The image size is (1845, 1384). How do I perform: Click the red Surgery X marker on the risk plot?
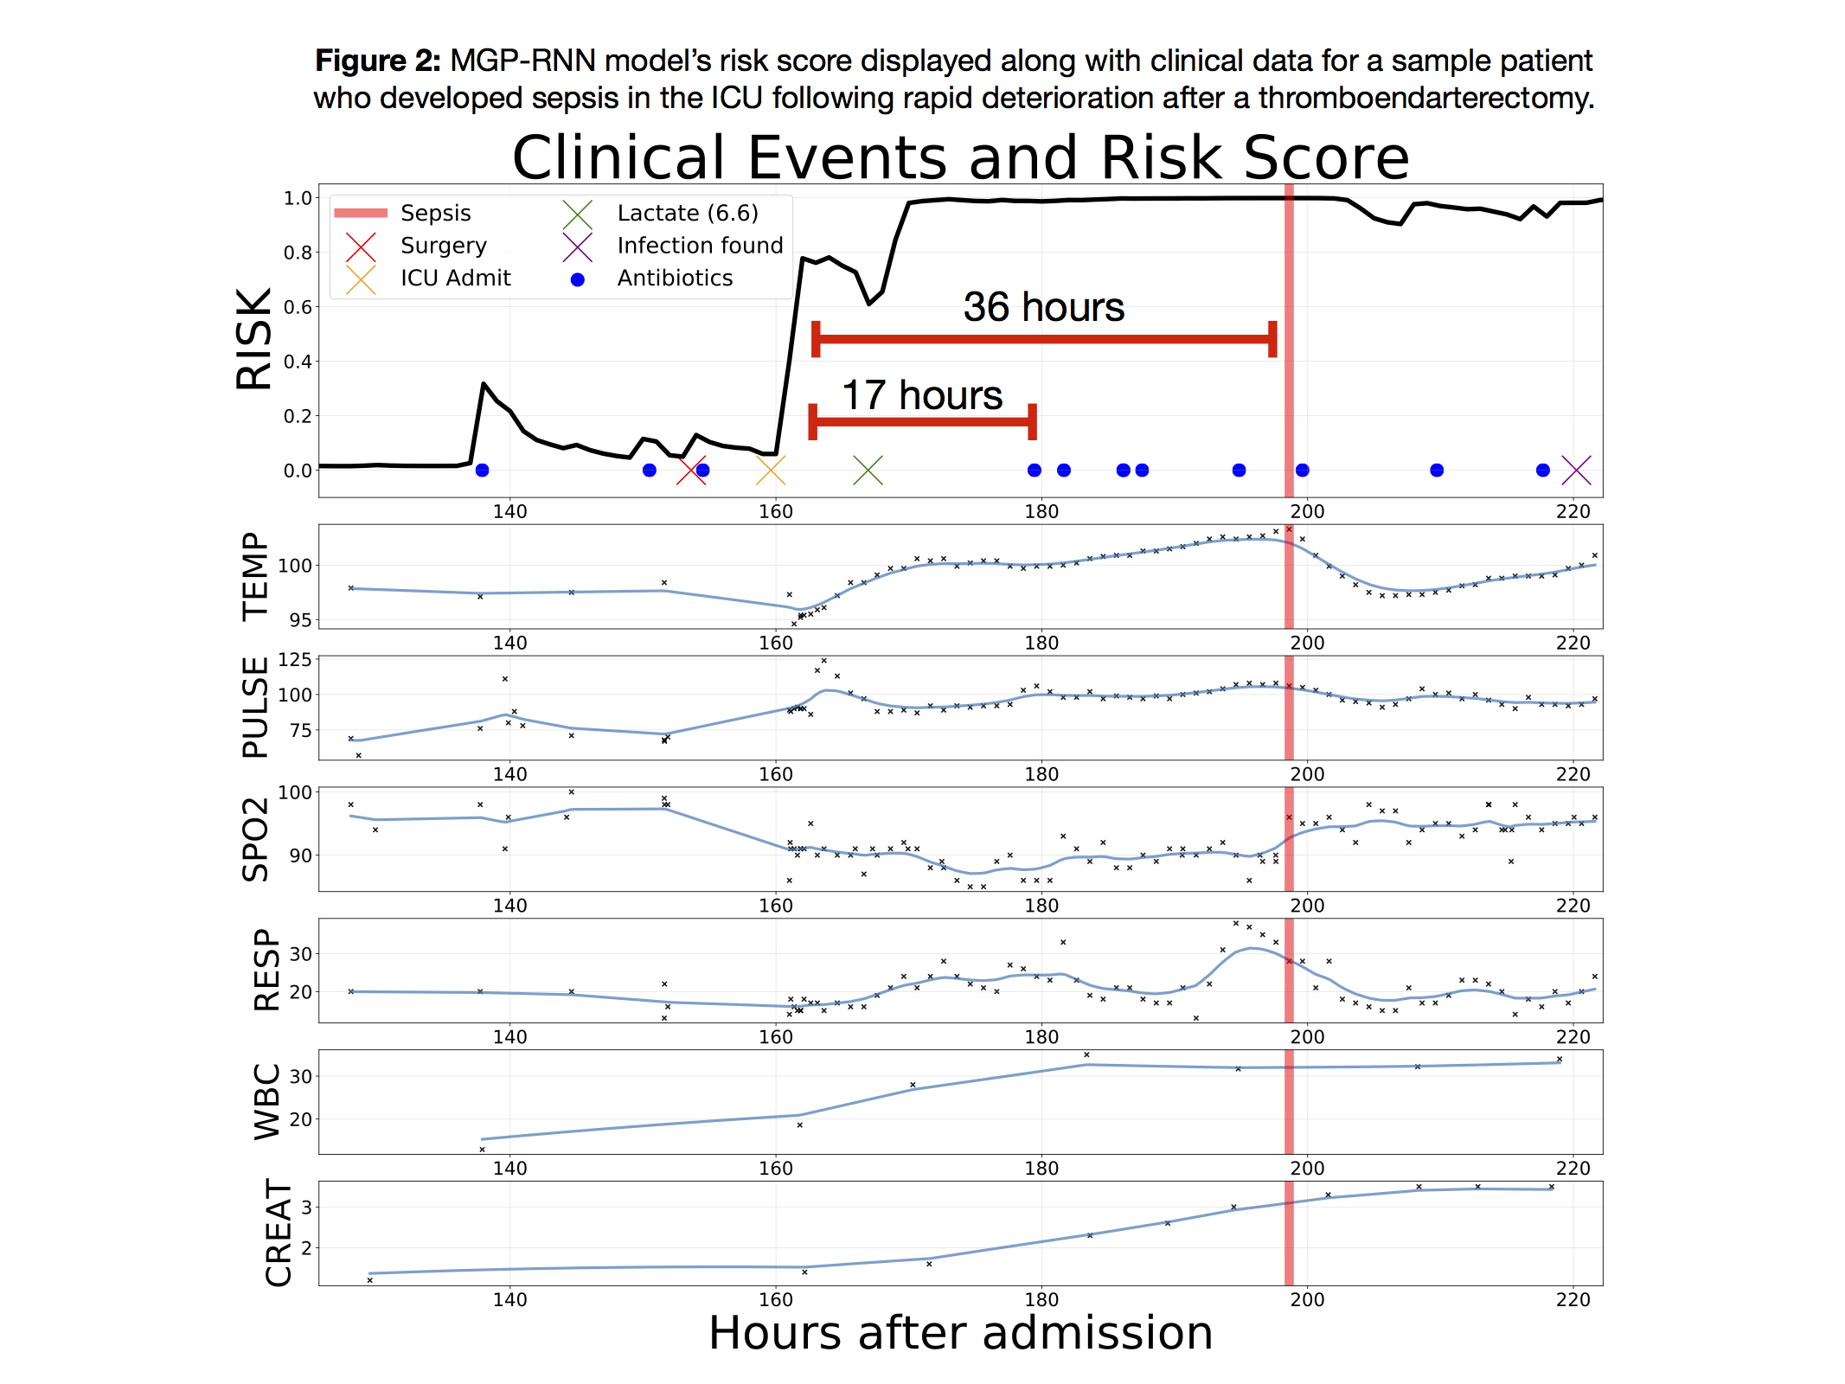tap(691, 471)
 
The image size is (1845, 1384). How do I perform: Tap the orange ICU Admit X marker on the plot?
tap(770, 471)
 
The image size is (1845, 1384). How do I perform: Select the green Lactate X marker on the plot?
tap(868, 471)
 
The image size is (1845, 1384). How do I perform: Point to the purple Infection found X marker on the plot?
tap(1576, 471)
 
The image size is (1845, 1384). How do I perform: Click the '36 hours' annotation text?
tap(1043, 308)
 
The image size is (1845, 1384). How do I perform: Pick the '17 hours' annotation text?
tap(922, 396)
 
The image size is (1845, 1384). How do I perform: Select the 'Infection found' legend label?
tap(700, 246)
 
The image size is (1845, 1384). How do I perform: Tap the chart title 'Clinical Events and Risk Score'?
tap(960, 157)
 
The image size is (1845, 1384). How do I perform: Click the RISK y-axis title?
tap(253, 339)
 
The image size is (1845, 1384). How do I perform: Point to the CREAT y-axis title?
tap(279, 1233)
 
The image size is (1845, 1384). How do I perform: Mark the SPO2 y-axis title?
tap(255, 839)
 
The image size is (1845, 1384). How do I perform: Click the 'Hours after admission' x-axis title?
tap(960, 1333)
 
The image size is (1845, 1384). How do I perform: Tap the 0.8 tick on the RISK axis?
tap(297, 253)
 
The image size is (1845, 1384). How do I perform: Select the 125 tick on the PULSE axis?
tap(294, 660)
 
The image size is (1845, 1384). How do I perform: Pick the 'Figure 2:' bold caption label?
tap(377, 61)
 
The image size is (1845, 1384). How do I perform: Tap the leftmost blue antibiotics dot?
tap(482, 471)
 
